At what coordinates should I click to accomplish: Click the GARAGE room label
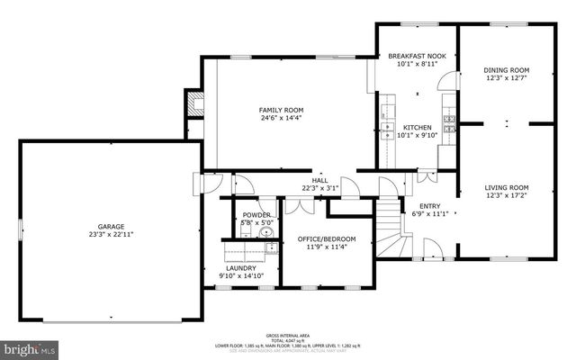(112, 227)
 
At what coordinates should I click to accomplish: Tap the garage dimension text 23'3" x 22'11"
(112, 235)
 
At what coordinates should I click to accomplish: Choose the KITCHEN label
(417, 127)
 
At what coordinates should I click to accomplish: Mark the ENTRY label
(429, 206)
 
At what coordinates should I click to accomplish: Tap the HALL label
(319, 180)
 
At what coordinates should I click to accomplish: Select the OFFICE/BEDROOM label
(327, 238)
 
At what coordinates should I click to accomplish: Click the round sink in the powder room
(265, 232)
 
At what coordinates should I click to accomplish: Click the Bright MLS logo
(29, 347)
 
